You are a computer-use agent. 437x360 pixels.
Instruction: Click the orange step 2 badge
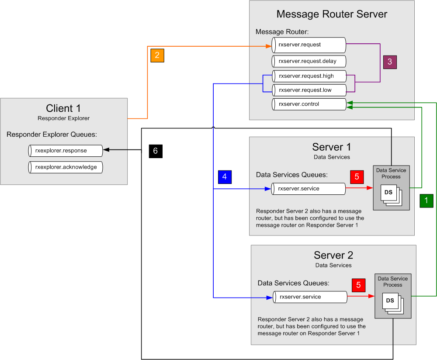(157, 55)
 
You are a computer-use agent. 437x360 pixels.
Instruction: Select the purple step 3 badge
(389, 62)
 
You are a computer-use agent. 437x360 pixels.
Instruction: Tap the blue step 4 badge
(225, 177)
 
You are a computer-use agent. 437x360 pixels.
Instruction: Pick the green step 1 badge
(426, 201)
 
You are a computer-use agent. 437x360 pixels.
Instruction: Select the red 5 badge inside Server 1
(357, 177)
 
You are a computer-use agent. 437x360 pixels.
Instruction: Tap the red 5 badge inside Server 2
(358, 285)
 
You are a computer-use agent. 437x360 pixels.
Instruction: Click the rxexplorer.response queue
(65, 151)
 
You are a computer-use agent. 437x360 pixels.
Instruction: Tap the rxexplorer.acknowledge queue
(65, 167)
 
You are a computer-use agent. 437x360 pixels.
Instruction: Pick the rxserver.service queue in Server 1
(309, 189)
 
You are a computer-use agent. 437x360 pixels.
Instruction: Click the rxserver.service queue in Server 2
(310, 297)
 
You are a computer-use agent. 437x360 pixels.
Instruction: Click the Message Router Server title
(332, 14)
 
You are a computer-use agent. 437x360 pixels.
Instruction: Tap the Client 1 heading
(63, 108)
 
